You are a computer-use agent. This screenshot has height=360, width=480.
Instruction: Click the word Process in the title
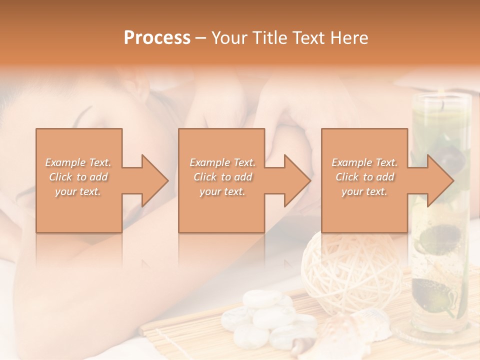point(157,37)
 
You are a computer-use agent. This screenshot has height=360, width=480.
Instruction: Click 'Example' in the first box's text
point(65,162)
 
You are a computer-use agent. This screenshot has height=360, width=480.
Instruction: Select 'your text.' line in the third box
point(364,191)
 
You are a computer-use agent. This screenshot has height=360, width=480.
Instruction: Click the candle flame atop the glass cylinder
point(442,104)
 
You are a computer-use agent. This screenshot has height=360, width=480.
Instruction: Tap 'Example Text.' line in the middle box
point(222,162)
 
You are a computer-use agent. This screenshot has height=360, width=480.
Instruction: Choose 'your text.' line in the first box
point(78,191)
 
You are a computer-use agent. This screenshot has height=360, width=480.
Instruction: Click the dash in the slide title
point(201,38)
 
